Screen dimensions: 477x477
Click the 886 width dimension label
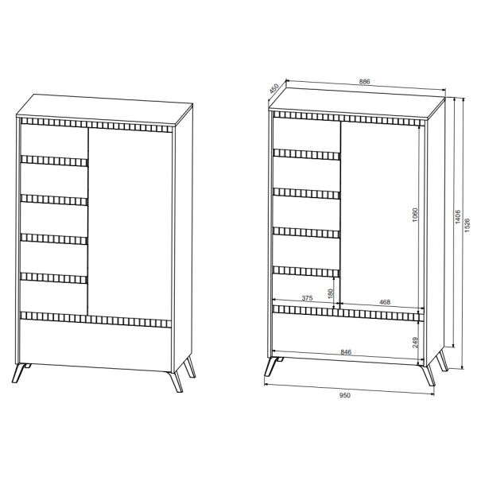coord(364,82)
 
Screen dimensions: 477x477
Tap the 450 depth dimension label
coord(274,88)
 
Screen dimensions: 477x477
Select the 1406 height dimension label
coord(458,216)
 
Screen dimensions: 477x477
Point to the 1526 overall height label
coord(467,225)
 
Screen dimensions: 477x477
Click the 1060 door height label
coord(415,215)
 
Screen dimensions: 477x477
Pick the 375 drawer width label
coord(307,298)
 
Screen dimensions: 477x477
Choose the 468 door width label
coord(385,302)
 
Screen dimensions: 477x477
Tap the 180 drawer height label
coord(331,293)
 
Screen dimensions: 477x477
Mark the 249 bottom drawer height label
coord(416,343)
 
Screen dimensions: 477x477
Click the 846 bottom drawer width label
coord(346,352)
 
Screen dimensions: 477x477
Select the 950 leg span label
coord(345,395)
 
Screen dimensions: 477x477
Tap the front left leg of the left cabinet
coord(19,373)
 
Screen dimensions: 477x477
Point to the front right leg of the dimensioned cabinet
coord(429,375)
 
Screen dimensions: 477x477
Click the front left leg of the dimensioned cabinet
coord(270,366)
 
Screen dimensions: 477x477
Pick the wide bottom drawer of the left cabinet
coord(95,345)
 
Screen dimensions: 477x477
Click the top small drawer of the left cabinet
coord(54,141)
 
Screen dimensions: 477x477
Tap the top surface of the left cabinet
coord(105,110)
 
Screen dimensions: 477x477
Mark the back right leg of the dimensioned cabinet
coord(442,361)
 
